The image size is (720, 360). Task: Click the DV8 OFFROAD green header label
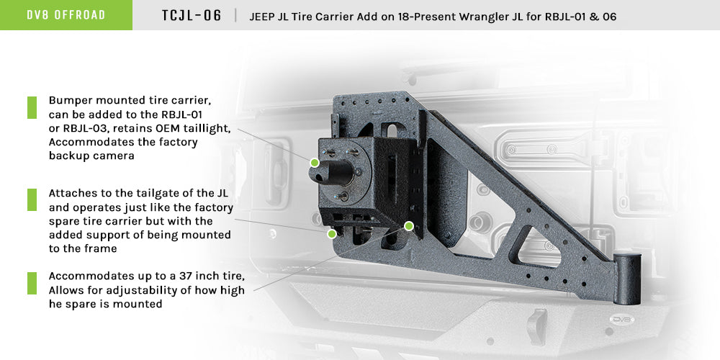click(66, 15)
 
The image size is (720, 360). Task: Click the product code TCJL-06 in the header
click(192, 15)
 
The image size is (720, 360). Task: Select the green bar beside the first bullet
click(32, 107)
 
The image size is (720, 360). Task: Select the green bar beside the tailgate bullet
click(32, 200)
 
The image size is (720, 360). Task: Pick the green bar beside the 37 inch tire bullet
click(32, 283)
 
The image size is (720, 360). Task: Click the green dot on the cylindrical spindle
click(315, 163)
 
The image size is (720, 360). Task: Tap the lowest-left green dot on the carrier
click(332, 234)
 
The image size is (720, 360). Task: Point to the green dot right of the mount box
click(409, 226)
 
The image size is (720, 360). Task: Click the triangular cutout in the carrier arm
click(533, 245)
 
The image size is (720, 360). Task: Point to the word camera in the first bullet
click(114, 156)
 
